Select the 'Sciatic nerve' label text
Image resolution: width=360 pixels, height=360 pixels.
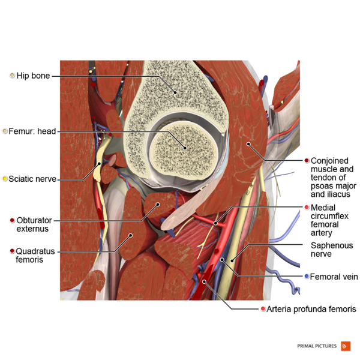point(34,178)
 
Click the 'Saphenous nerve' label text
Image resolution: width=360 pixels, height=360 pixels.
point(332,250)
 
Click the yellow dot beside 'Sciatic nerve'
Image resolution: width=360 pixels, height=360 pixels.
point(5,178)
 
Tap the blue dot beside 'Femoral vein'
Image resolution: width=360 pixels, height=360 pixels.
point(307,277)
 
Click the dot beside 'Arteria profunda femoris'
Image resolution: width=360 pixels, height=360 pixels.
point(263,309)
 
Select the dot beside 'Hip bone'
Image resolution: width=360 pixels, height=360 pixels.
point(12,76)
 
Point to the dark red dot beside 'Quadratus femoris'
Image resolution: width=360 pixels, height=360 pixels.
point(12,251)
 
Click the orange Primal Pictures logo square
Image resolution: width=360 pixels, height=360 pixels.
point(345,346)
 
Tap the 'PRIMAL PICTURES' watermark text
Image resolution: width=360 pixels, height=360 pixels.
point(317,346)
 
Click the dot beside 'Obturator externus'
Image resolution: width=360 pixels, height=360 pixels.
point(12,221)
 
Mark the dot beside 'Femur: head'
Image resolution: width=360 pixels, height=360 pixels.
point(5,131)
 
